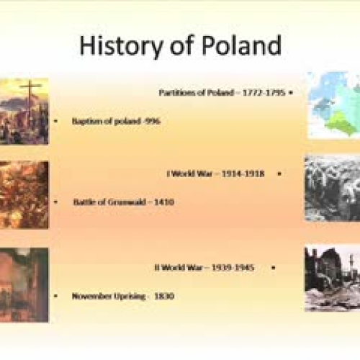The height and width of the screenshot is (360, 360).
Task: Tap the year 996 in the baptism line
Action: coord(152,121)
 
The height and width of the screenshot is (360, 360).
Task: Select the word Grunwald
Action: coord(124,202)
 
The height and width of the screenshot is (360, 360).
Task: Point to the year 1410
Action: coord(162,202)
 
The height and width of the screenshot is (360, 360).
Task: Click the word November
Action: coord(91,296)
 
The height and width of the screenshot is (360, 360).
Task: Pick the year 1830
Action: coord(163,296)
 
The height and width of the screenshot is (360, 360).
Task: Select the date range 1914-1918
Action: coord(243,174)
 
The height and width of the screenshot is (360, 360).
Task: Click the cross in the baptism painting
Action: coord(30,92)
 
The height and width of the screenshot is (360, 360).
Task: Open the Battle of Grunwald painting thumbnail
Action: coord(24,194)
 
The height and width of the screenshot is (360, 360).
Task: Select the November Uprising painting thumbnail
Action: coord(24,284)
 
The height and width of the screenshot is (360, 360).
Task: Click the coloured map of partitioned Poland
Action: coord(333,104)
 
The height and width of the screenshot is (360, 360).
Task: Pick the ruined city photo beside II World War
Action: coord(332,277)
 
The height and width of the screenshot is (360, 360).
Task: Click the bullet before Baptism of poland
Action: coord(56,121)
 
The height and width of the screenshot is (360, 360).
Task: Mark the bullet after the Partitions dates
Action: coord(290,93)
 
